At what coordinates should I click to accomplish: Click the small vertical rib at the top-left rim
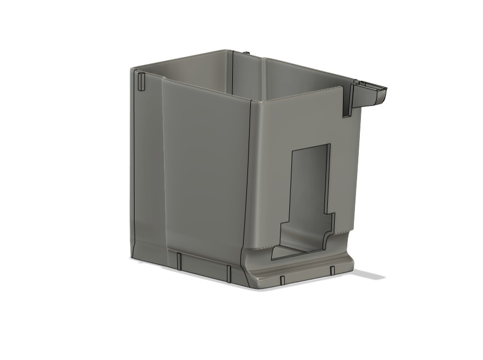141,81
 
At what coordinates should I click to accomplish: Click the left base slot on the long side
177,261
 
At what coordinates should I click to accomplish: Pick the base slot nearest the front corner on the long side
230,273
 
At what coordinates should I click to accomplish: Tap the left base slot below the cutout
282,280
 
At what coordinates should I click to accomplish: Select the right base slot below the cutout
332,269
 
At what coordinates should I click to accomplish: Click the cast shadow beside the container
369,275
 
